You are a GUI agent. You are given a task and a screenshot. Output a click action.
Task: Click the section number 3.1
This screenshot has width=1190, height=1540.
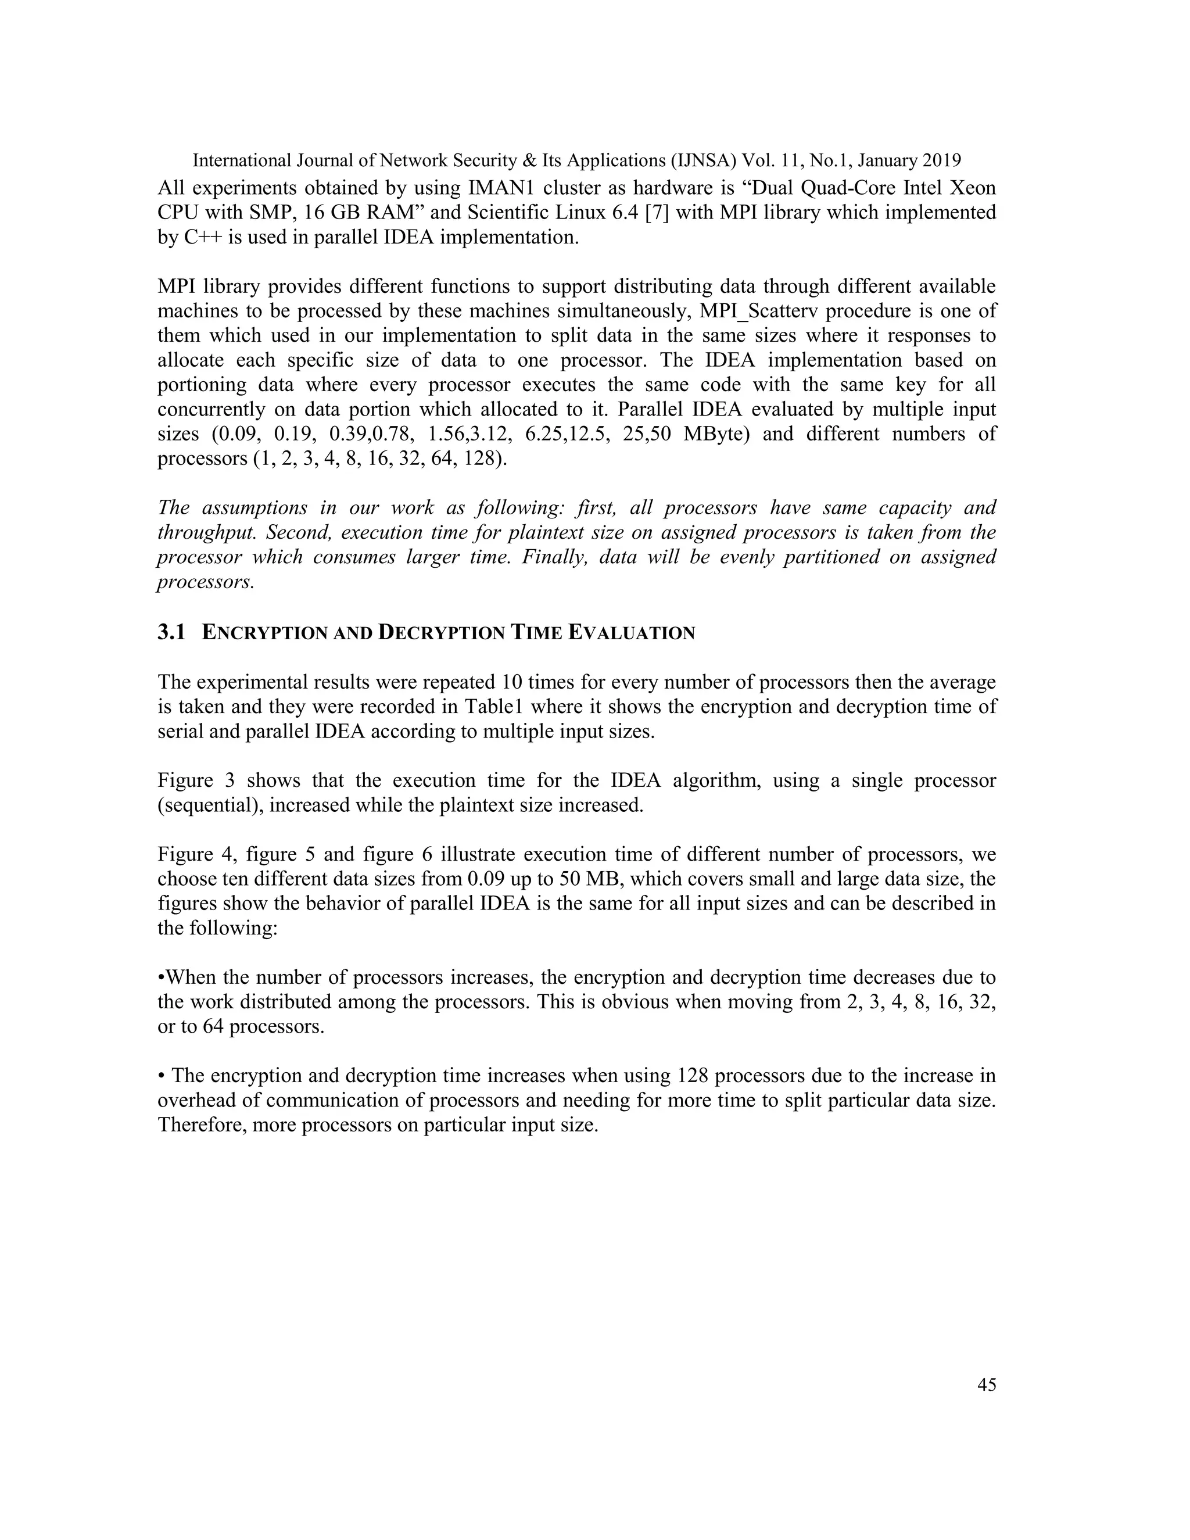point(171,632)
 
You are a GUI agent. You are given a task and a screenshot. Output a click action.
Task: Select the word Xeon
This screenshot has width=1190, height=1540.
point(969,188)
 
